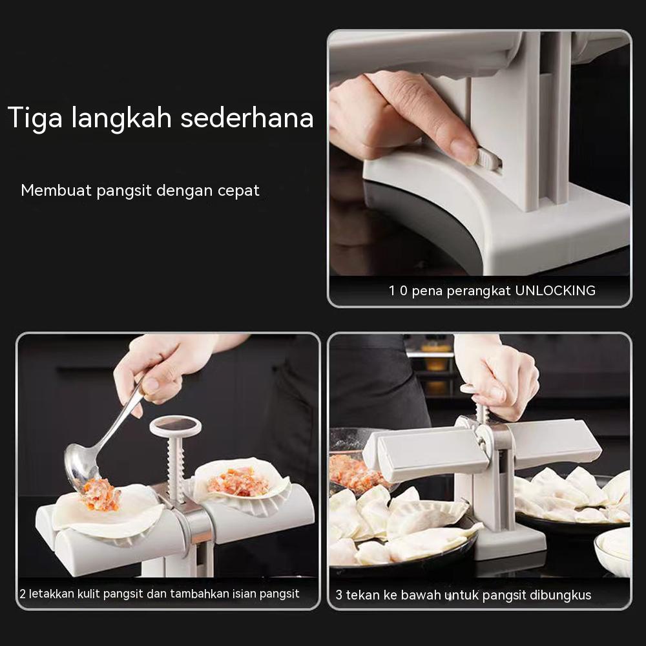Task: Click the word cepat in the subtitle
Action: pyautogui.click(x=237, y=191)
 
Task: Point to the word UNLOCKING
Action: pyautogui.click(x=555, y=291)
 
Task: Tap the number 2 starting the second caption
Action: pyautogui.click(x=23, y=594)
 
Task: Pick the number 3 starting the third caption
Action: pyautogui.click(x=339, y=595)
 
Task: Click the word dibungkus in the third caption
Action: pyautogui.click(x=559, y=595)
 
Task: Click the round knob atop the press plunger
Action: pyautogui.click(x=175, y=425)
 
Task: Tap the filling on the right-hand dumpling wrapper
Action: pyautogui.click(x=238, y=481)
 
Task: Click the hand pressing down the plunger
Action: pyautogui.click(x=501, y=378)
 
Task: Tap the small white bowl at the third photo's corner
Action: pyautogui.click(x=613, y=549)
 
